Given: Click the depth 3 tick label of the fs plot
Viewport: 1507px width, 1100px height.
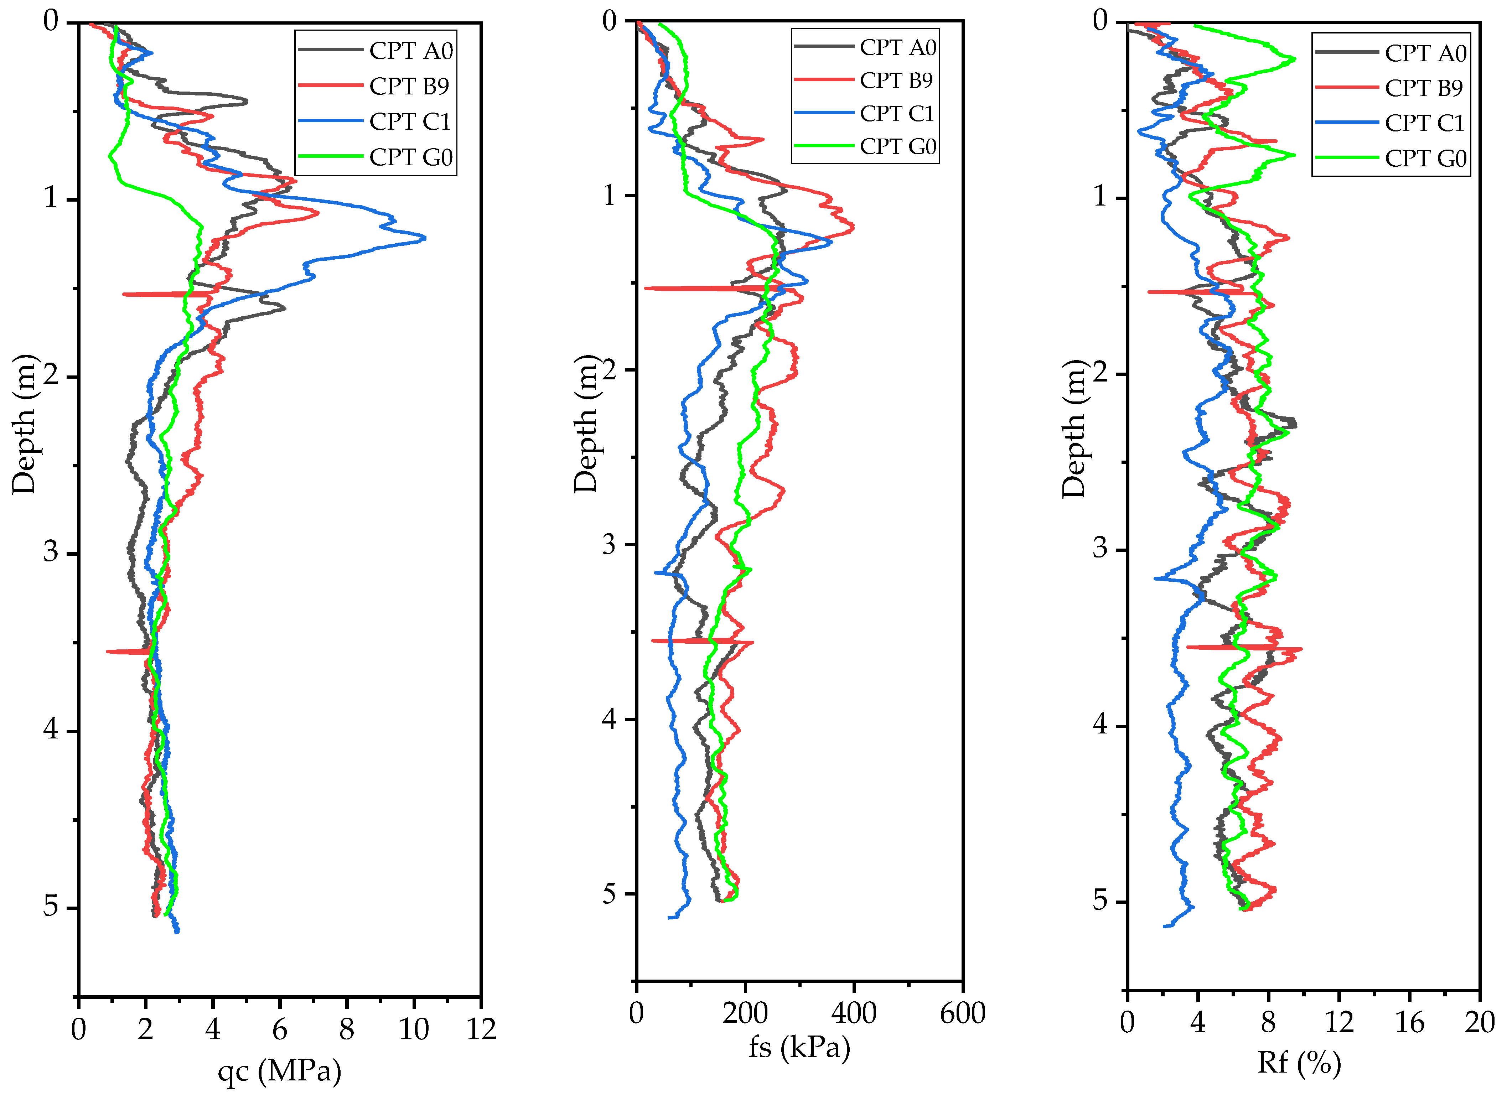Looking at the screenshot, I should tap(609, 544).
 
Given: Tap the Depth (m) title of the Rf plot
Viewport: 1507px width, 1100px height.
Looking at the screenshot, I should tap(1073, 430).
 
